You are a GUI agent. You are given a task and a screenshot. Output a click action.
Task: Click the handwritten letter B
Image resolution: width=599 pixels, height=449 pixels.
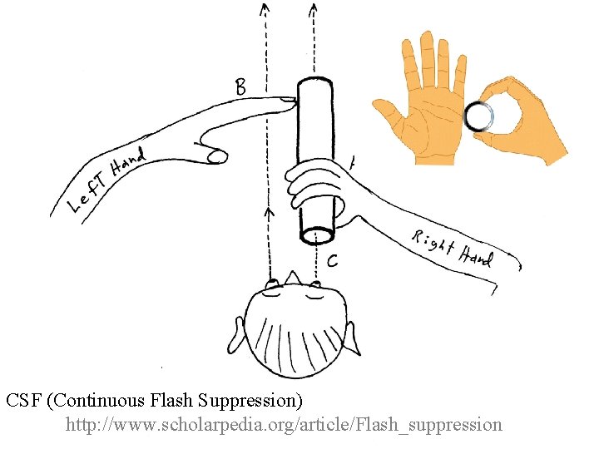[240, 86]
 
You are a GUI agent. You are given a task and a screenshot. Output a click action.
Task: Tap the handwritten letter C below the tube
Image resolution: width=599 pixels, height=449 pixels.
[332, 261]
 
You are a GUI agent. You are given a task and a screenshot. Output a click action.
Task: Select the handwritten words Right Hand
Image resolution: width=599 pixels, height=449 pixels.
[453, 248]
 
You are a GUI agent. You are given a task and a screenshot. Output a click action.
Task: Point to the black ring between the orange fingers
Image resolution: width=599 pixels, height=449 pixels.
[479, 116]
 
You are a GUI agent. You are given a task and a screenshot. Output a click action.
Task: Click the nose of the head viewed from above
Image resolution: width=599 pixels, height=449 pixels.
[292, 278]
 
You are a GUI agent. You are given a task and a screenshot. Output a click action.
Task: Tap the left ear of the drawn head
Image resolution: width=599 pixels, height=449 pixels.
[240, 333]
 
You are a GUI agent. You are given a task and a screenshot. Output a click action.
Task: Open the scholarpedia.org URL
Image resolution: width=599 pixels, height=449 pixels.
[284, 425]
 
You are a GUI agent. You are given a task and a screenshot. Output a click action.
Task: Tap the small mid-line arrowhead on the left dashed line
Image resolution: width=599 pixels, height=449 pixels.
[268, 213]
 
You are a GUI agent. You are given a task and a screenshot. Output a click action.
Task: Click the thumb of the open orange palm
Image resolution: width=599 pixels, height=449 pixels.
[384, 109]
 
